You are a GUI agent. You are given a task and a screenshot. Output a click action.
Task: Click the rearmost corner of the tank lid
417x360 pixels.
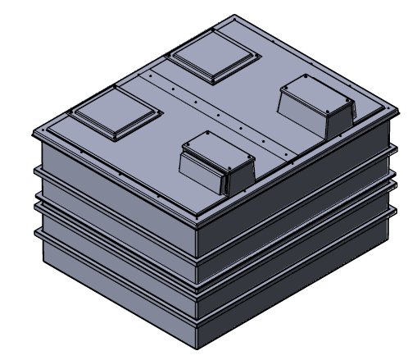click(237, 15)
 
